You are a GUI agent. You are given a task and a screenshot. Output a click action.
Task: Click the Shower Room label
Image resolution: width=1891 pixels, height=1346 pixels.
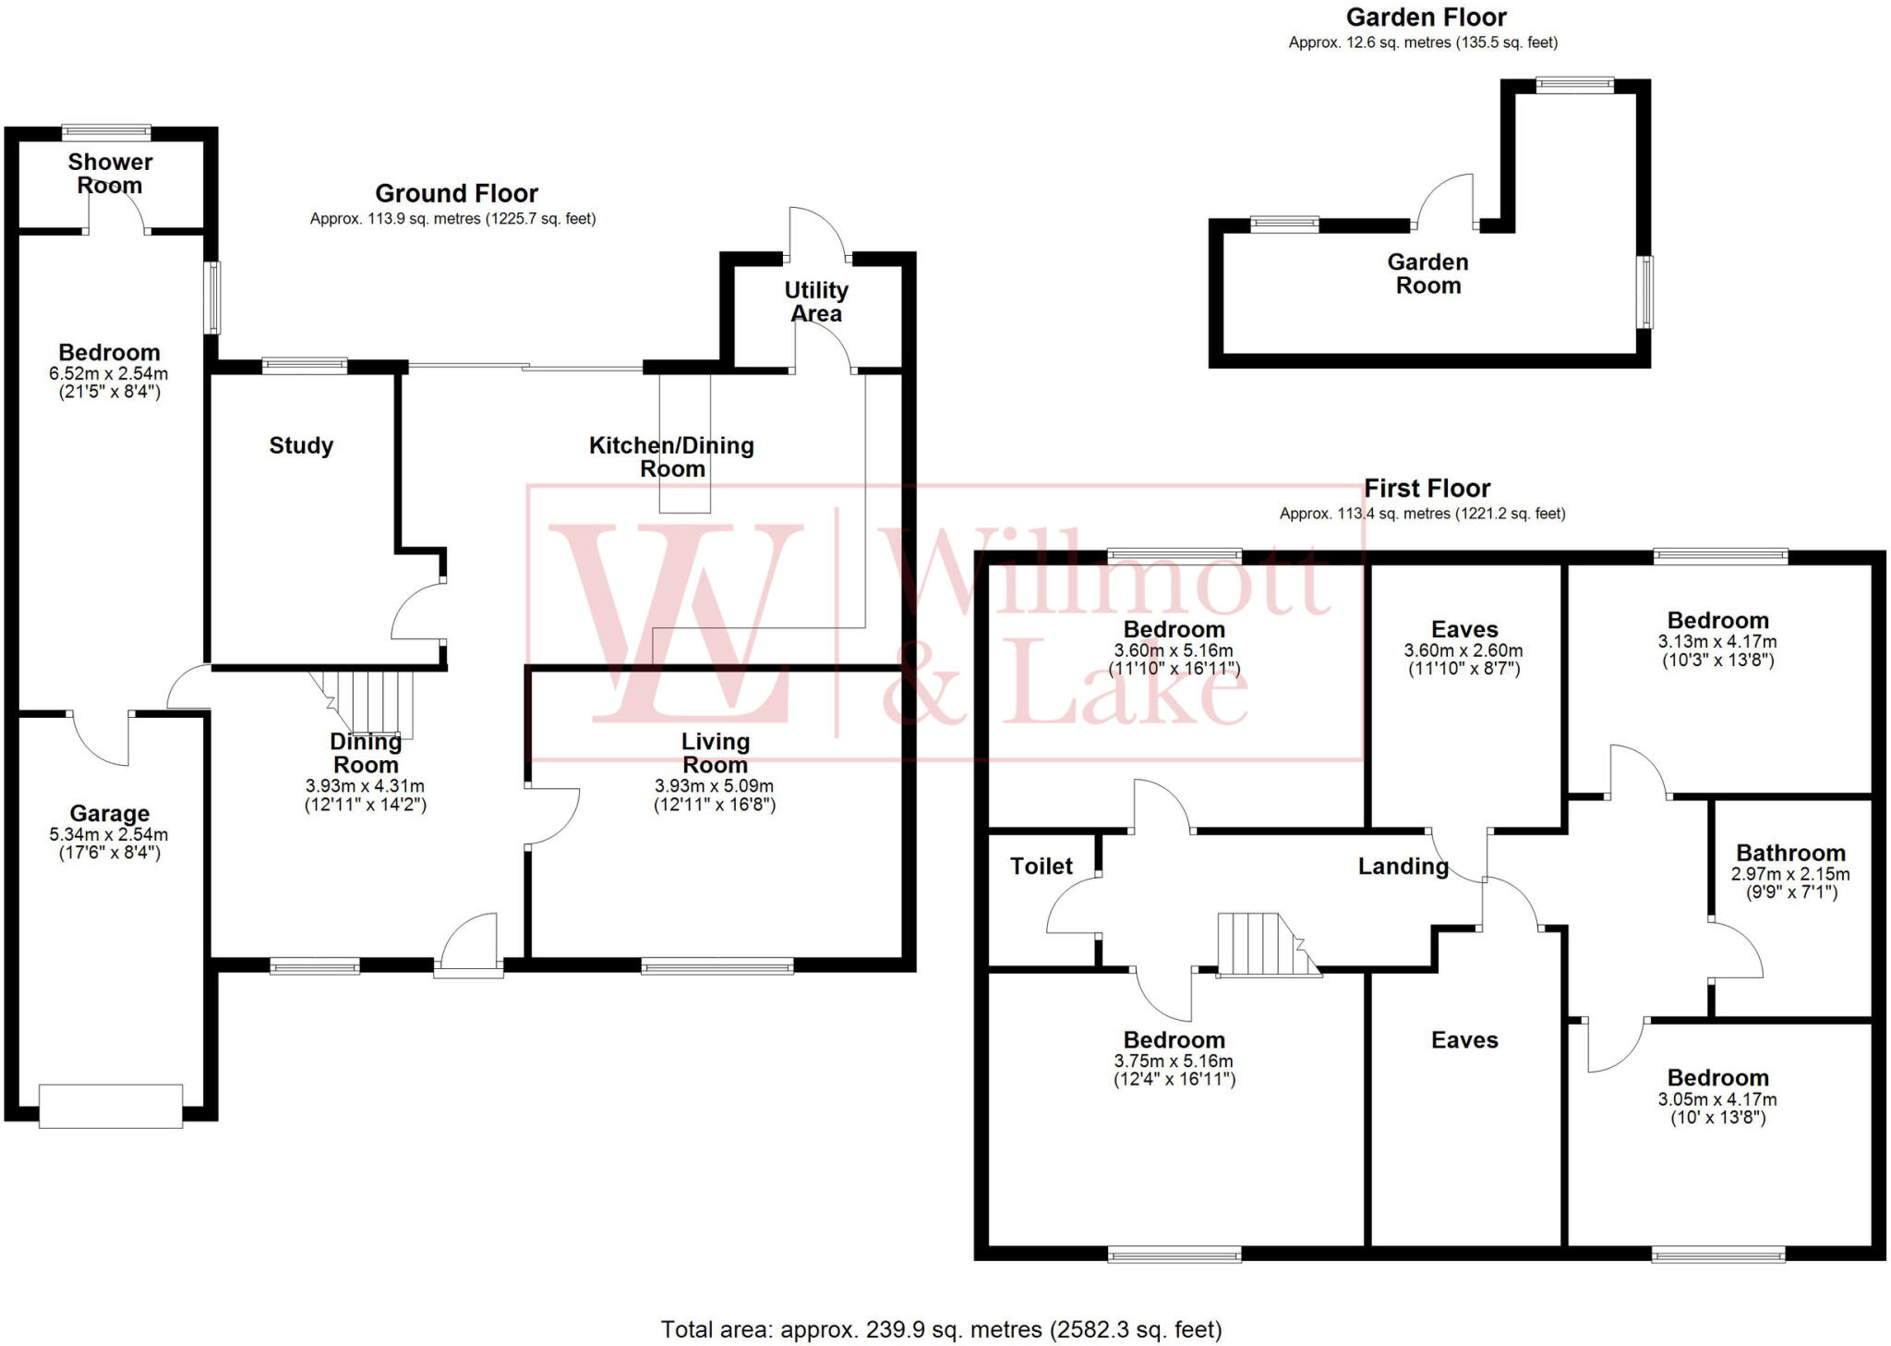pyautogui.click(x=110, y=174)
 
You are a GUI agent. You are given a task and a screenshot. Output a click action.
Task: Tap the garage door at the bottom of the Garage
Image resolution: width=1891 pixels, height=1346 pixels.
pyautogui.click(x=111, y=1106)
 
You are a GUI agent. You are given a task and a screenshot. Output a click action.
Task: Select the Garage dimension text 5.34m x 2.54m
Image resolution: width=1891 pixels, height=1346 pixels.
pyautogui.click(x=109, y=835)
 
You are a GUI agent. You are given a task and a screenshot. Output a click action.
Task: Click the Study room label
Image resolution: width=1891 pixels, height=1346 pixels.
pyautogui.click(x=301, y=446)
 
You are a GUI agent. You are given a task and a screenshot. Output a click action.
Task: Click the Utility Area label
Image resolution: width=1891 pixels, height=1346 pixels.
pyautogui.click(x=816, y=302)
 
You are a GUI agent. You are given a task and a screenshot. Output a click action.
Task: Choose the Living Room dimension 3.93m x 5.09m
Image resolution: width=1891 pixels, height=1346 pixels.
pyautogui.click(x=715, y=786)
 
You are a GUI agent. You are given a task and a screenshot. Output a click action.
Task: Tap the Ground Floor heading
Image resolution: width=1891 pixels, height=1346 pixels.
pyautogui.click(x=456, y=194)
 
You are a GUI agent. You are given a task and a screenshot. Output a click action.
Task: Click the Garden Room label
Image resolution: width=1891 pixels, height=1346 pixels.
pyautogui.click(x=1427, y=274)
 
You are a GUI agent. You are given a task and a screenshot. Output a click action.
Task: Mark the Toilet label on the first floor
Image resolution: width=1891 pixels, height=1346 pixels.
pyautogui.click(x=1042, y=867)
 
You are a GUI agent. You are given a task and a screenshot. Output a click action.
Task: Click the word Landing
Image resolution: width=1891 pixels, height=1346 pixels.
pyautogui.click(x=1403, y=867)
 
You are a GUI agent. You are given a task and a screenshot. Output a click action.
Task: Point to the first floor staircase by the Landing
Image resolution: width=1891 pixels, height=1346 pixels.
pyautogui.click(x=1260, y=944)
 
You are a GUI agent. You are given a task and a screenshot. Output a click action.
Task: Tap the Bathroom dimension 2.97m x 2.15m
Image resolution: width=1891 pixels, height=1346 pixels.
pyautogui.click(x=1790, y=875)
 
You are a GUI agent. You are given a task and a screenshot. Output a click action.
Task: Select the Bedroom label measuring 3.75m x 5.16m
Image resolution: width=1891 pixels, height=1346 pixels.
pyautogui.click(x=1174, y=1041)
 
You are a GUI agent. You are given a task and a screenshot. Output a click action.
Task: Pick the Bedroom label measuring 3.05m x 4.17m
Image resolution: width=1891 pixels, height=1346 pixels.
pyautogui.click(x=1717, y=1079)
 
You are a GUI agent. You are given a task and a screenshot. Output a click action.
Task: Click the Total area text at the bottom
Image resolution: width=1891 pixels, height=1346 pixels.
pyautogui.click(x=941, y=1330)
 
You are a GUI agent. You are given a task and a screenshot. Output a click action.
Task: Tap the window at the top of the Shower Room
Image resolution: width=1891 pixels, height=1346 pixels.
pyautogui.click(x=106, y=132)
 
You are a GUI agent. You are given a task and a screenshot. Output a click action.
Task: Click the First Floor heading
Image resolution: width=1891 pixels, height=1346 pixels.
pyautogui.click(x=1427, y=489)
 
